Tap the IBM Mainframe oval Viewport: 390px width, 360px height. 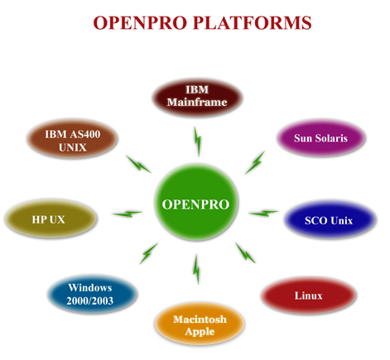click(x=196, y=96)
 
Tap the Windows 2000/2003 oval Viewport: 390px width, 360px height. click(x=90, y=295)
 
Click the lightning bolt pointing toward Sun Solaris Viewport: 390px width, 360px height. click(x=255, y=161)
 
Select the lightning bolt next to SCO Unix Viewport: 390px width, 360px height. click(x=264, y=214)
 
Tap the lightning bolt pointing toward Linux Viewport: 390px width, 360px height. click(x=246, y=252)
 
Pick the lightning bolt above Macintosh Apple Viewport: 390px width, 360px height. click(x=196, y=269)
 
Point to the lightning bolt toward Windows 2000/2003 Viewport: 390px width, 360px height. click(x=148, y=252)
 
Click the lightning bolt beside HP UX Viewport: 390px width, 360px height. click(x=127, y=214)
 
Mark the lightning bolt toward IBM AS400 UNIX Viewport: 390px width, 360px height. click(x=137, y=163)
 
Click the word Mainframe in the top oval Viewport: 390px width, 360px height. click(x=196, y=103)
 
